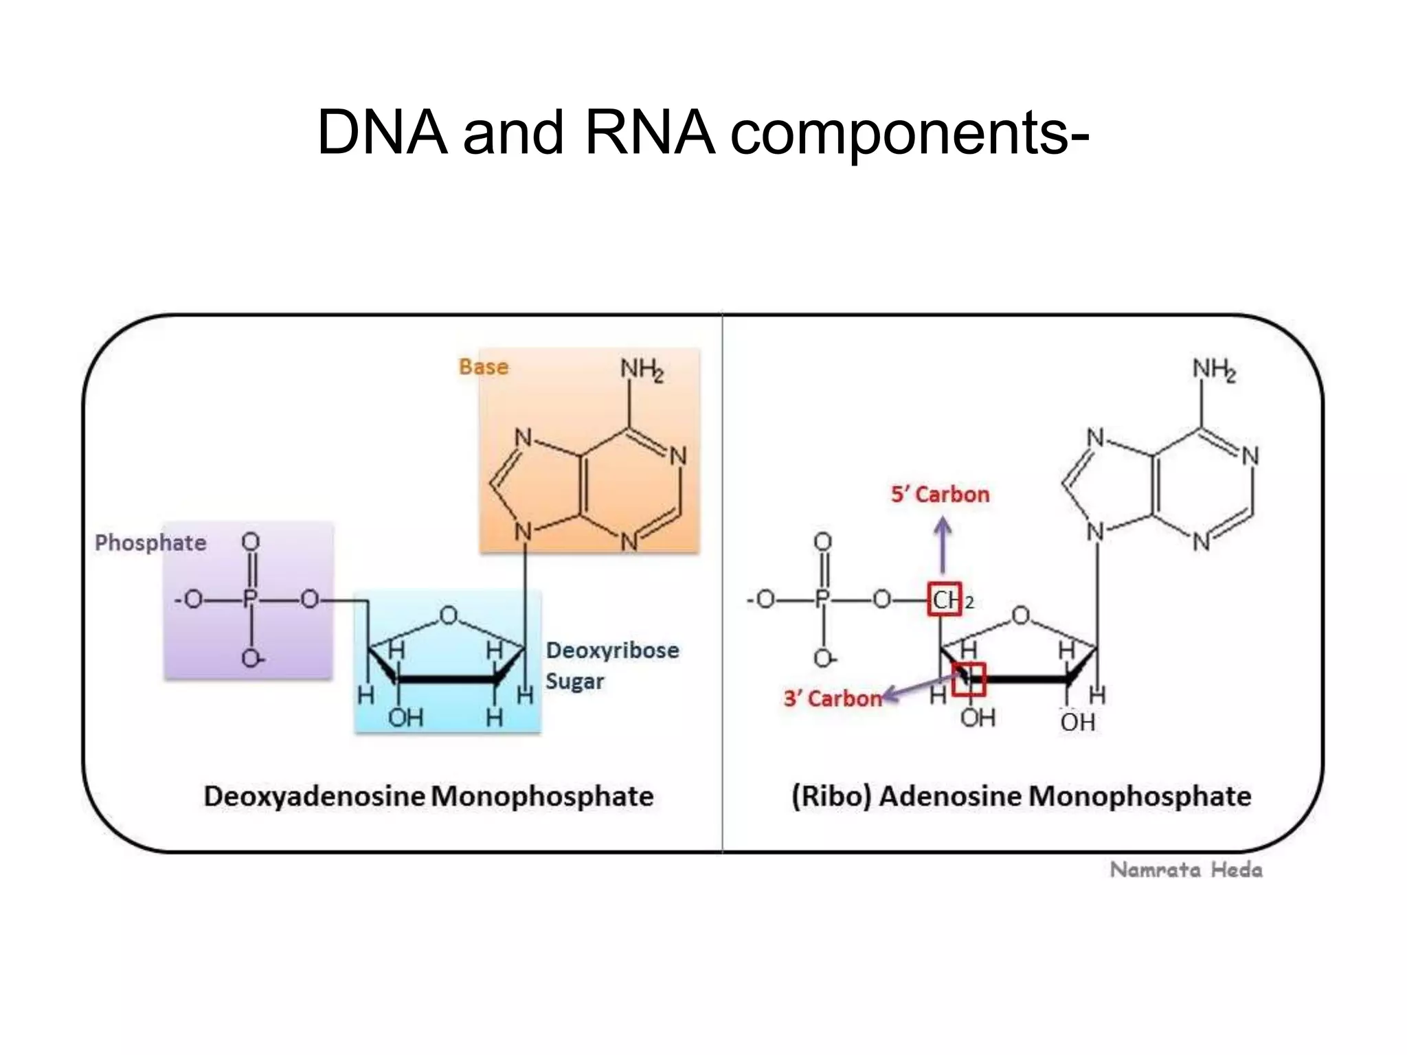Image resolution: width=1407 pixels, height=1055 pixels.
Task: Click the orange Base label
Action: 484,367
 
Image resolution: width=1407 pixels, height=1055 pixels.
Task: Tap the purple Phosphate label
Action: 150,543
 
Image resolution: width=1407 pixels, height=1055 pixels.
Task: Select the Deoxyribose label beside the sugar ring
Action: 612,650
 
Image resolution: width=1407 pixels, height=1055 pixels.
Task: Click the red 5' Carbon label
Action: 940,495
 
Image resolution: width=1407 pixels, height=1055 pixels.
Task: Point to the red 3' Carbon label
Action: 833,699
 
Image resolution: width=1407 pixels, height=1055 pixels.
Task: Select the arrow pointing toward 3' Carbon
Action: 921,688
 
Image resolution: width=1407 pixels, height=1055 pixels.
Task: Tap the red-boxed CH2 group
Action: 945,600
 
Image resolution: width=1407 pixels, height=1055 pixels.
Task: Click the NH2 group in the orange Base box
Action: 642,370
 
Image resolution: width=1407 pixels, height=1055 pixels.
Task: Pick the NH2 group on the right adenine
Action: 1214,370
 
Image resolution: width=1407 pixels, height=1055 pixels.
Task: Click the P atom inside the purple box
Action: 250,600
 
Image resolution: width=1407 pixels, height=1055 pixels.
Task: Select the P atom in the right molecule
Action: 822,600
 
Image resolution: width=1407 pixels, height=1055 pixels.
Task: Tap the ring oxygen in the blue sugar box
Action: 449,615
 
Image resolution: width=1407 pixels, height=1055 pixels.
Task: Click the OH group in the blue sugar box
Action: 405,718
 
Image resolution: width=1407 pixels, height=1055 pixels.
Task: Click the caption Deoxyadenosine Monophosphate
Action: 429,797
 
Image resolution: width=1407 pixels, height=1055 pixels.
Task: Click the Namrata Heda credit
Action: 1186,870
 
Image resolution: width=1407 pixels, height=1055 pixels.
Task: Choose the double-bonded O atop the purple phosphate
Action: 251,542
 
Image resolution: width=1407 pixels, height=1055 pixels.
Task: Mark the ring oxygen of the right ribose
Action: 1021,615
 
